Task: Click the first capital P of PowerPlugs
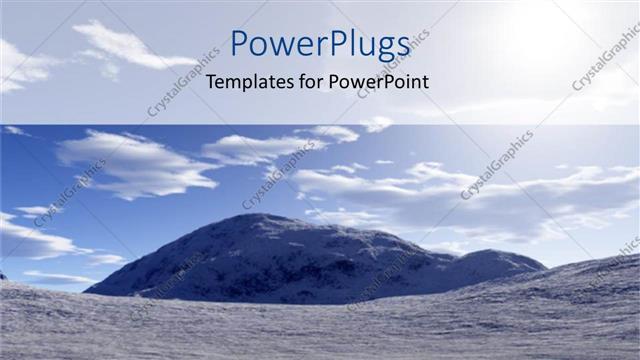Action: click(240, 45)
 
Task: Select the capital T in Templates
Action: click(211, 83)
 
